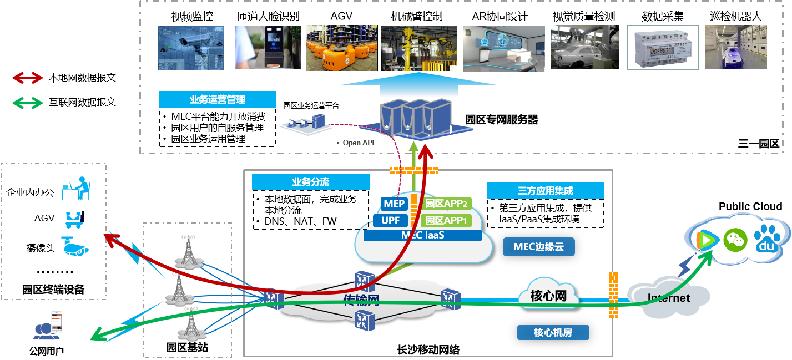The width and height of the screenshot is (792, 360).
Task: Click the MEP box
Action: [394, 204]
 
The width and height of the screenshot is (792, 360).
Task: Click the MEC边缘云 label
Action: [538, 247]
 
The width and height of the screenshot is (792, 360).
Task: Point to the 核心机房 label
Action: [553, 333]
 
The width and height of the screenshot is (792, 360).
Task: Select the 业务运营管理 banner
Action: [217, 100]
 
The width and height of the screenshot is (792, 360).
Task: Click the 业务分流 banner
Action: [310, 182]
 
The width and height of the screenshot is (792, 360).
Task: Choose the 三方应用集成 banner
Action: [544, 191]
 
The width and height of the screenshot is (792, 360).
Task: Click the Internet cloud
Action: [668, 298]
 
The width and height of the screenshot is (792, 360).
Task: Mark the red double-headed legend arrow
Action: [28, 78]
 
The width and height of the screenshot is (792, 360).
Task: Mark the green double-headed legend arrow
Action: [28, 103]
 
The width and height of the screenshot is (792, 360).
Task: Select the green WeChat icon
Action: [735, 240]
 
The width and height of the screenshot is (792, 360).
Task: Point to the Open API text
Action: [359, 143]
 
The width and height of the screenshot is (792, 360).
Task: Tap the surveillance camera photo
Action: [190, 48]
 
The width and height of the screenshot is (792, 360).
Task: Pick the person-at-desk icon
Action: [75, 188]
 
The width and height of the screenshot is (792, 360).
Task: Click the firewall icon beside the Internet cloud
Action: [613, 295]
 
